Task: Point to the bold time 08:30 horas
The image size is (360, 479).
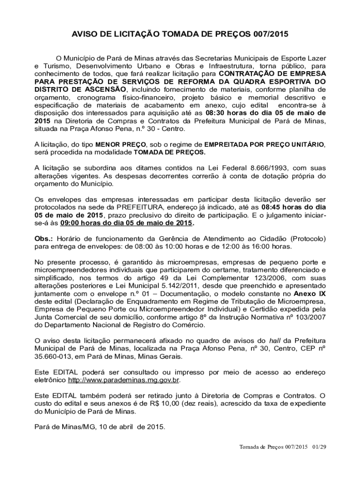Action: pyautogui.click(x=228, y=113)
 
